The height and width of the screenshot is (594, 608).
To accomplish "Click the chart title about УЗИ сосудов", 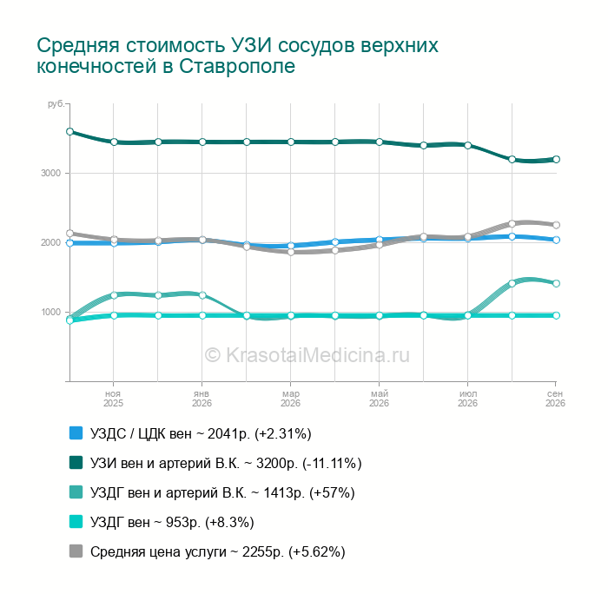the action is coord(237,56).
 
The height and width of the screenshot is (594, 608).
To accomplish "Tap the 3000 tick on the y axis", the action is coord(50,174).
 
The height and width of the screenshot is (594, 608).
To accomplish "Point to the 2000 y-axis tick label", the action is coord(50,242).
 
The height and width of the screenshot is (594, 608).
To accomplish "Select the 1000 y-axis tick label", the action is coord(50,312).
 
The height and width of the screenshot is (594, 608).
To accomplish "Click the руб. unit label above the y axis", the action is coord(56,104).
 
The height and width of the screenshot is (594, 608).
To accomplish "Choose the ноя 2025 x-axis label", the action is coord(113,399).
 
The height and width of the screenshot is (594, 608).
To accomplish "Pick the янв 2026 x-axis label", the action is coord(202,399).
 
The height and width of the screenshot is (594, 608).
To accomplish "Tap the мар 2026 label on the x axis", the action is coord(290,399).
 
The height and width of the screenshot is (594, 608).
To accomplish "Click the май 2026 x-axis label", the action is coord(379,399).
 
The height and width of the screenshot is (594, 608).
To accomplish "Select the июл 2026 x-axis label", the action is coord(467,399).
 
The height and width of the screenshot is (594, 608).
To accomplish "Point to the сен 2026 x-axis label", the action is coord(555,399).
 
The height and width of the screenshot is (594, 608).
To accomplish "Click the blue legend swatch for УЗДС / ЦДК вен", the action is coord(76,433).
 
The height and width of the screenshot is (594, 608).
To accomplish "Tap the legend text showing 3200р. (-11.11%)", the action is coord(226,464).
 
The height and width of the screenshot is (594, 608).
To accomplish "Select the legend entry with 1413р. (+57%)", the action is coord(222,492).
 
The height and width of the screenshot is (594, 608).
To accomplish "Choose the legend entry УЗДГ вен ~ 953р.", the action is coord(172,522).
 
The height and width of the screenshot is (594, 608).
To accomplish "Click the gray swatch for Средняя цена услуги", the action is coord(76,551).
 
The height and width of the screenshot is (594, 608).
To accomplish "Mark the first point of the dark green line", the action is coord(69,132).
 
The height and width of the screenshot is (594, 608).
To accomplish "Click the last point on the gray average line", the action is coord(556,225).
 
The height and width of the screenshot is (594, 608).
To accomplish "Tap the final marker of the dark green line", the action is coord(556,160).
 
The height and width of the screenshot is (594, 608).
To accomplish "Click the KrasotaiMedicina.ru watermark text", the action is coord(307,355).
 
